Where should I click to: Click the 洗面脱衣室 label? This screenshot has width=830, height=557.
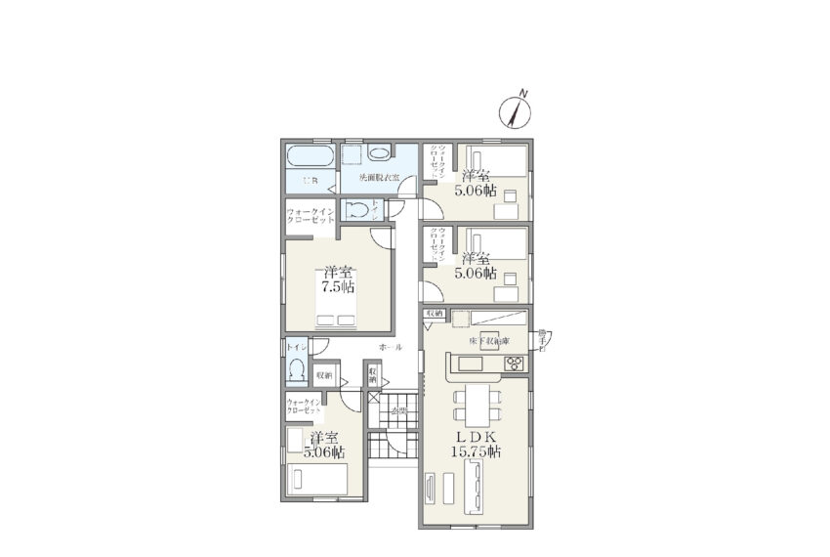point(378,179)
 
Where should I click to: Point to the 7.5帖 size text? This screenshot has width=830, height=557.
point(339,287)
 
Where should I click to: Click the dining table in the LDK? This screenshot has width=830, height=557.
point(475,402)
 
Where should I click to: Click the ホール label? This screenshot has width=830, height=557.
point(390,348)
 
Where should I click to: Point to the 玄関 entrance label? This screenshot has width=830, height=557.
point(399,412)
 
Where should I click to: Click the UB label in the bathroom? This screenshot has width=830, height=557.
point(310,181)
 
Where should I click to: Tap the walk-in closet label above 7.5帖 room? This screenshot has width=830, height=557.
point(311,215)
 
